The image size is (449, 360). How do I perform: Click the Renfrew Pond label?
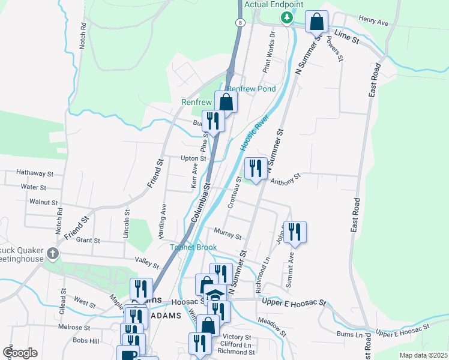(x=252, y=89)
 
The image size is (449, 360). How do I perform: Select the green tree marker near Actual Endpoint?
(x=288, y=18)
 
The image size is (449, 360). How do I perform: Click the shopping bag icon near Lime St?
(x=316, y=23)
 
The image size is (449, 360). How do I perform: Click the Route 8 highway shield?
(x=240, y=22)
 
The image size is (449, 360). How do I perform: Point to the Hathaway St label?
(x=35, y=172)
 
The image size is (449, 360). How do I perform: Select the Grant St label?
(x=88, y=240)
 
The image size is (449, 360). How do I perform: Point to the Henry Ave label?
(x=373, y=21)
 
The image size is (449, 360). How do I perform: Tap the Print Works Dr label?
(x=268, y=52)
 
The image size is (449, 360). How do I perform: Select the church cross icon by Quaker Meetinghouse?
(x=52, y=253)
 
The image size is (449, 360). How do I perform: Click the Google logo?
(x=20, y=353)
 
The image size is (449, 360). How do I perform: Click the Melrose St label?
(x=74, y=328)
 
